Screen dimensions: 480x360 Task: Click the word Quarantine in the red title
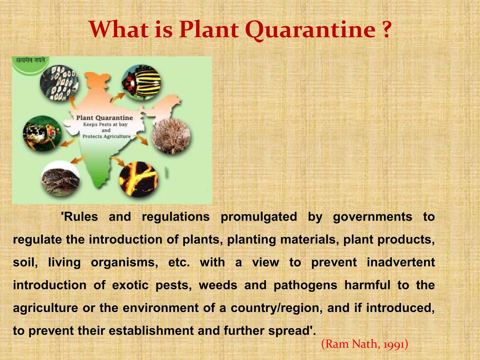coord(310,30)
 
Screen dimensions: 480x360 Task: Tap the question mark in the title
coord(386,29)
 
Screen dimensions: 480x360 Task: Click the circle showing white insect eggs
coord(59,83)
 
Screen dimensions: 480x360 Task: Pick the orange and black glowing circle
coord(138,179)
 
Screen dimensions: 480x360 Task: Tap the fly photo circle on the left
coord(42,134)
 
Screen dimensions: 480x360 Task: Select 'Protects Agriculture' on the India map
coord(106,136)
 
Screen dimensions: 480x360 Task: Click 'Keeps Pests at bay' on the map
coord(105,124)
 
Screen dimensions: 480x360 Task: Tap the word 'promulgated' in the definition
coord(259,217)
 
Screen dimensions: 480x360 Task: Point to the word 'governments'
coord(373,217)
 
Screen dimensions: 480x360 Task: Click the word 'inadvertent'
coord(401,262)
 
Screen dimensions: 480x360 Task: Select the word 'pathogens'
coord(306,286)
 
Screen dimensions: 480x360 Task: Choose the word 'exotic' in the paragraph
coord(130,285)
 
